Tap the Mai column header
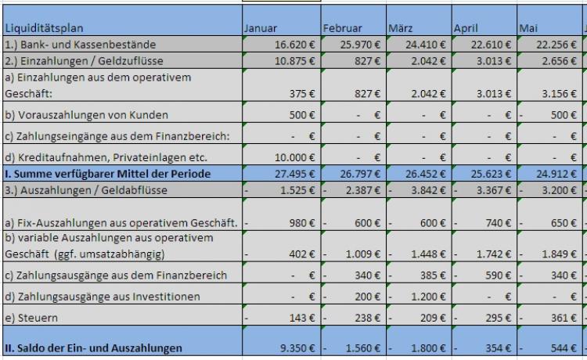point(529,29)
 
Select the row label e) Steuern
point(28,318)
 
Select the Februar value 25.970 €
point(359,44)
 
